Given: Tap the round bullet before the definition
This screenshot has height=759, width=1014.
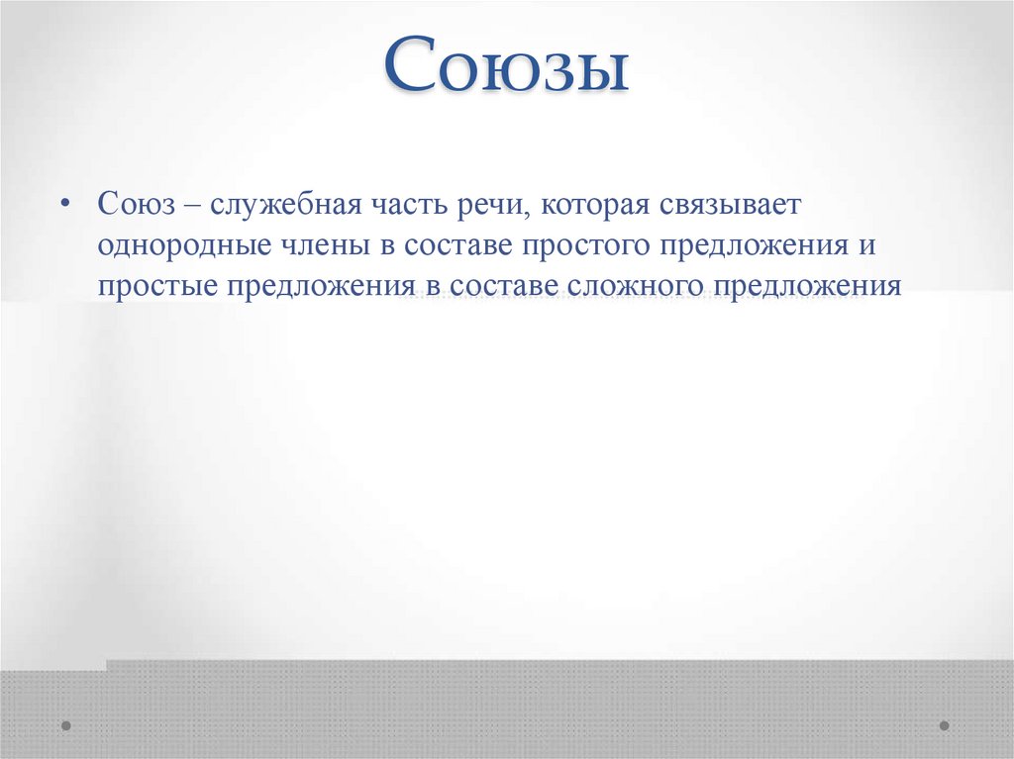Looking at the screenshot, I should [x=65, y=202].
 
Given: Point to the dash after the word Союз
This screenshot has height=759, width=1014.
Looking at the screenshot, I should [x=192, y=204].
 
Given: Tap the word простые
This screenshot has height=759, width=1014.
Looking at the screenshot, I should [x=157, y=286].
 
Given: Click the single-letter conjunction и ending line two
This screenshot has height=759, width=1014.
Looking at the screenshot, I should [x=866, y=245].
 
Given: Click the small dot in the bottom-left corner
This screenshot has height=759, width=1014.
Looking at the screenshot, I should [x=66, y=725].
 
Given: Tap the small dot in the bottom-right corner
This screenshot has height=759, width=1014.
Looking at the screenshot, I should [x=944, y=725].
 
